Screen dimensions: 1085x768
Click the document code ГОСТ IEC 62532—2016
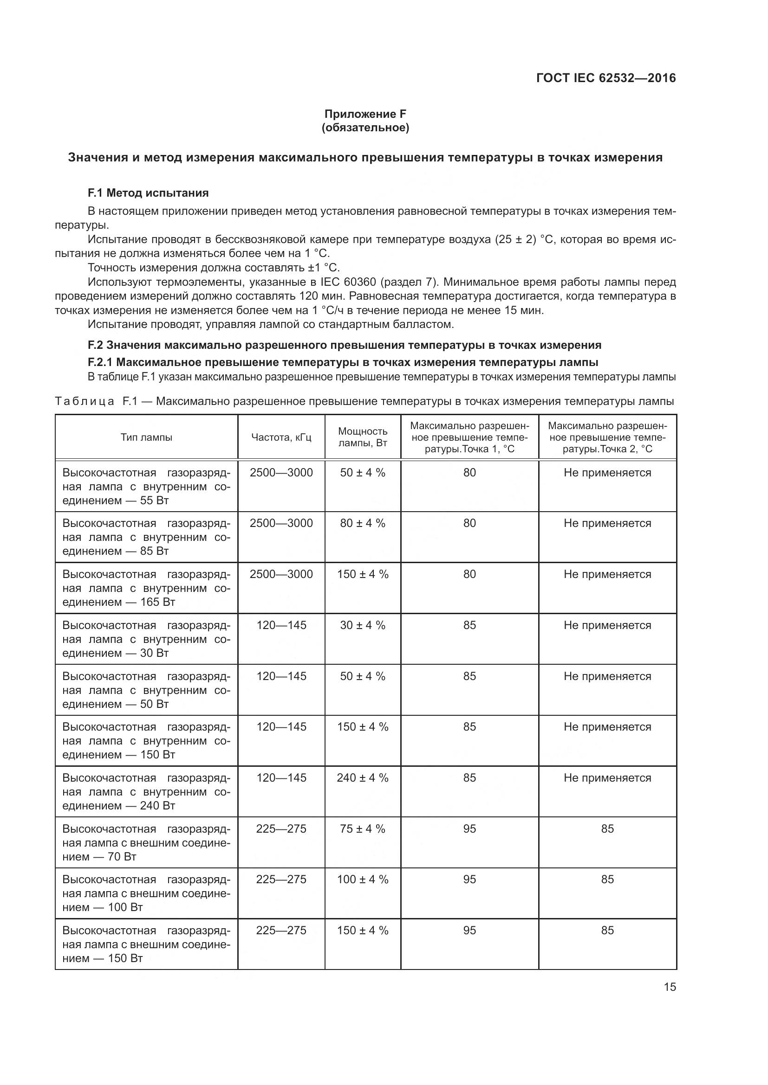pos(606,78)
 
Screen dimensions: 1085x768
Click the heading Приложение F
pos(365,114)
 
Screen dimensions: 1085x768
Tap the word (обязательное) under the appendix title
pos(365,128)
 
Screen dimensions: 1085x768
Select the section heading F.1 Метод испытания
pos(148,193)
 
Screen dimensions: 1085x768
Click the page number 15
pos(670,987)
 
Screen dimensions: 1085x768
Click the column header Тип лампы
pos(146,437)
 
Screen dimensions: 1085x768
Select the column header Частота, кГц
pos(281,437)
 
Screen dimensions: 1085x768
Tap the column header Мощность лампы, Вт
pos(363,437)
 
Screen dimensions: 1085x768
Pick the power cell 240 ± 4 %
pos(363,778)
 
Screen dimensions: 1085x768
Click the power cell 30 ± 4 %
pos(363,625)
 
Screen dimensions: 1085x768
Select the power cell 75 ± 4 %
pos(363,829)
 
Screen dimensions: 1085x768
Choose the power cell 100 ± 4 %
pos(363,880)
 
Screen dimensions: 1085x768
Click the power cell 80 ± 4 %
pos(363,523)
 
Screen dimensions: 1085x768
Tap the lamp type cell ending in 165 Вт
pos(146,588)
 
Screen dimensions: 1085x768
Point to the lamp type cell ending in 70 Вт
pos(146,842)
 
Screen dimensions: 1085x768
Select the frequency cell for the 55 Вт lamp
pos(281,473)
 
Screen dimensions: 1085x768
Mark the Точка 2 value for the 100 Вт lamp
pos(607,880)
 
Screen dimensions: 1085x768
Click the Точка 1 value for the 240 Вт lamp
pos(469,778)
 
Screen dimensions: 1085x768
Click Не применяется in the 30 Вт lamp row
pos(607,625)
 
